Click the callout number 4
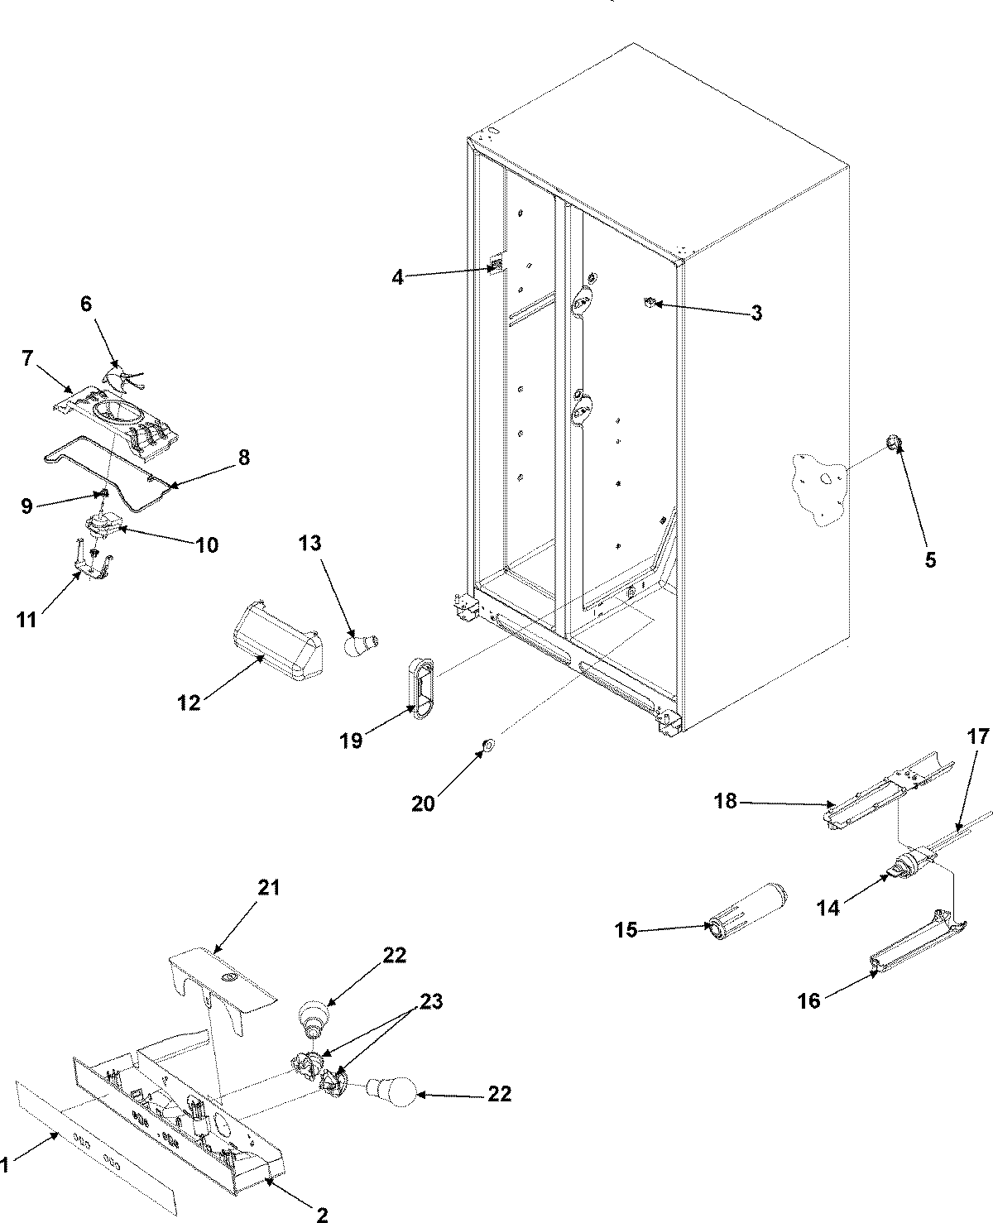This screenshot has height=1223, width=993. (x=398, y=277)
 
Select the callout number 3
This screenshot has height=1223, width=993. (x=756, y=313)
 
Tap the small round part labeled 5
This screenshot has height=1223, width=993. (x=894, y=445)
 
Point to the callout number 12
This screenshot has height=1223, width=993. (x=189, y=703)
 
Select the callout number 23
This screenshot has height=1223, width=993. (x=429, y=1002)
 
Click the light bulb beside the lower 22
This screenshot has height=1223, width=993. (x=390, y=1094)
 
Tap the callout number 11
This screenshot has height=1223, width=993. (x=26, y=619)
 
